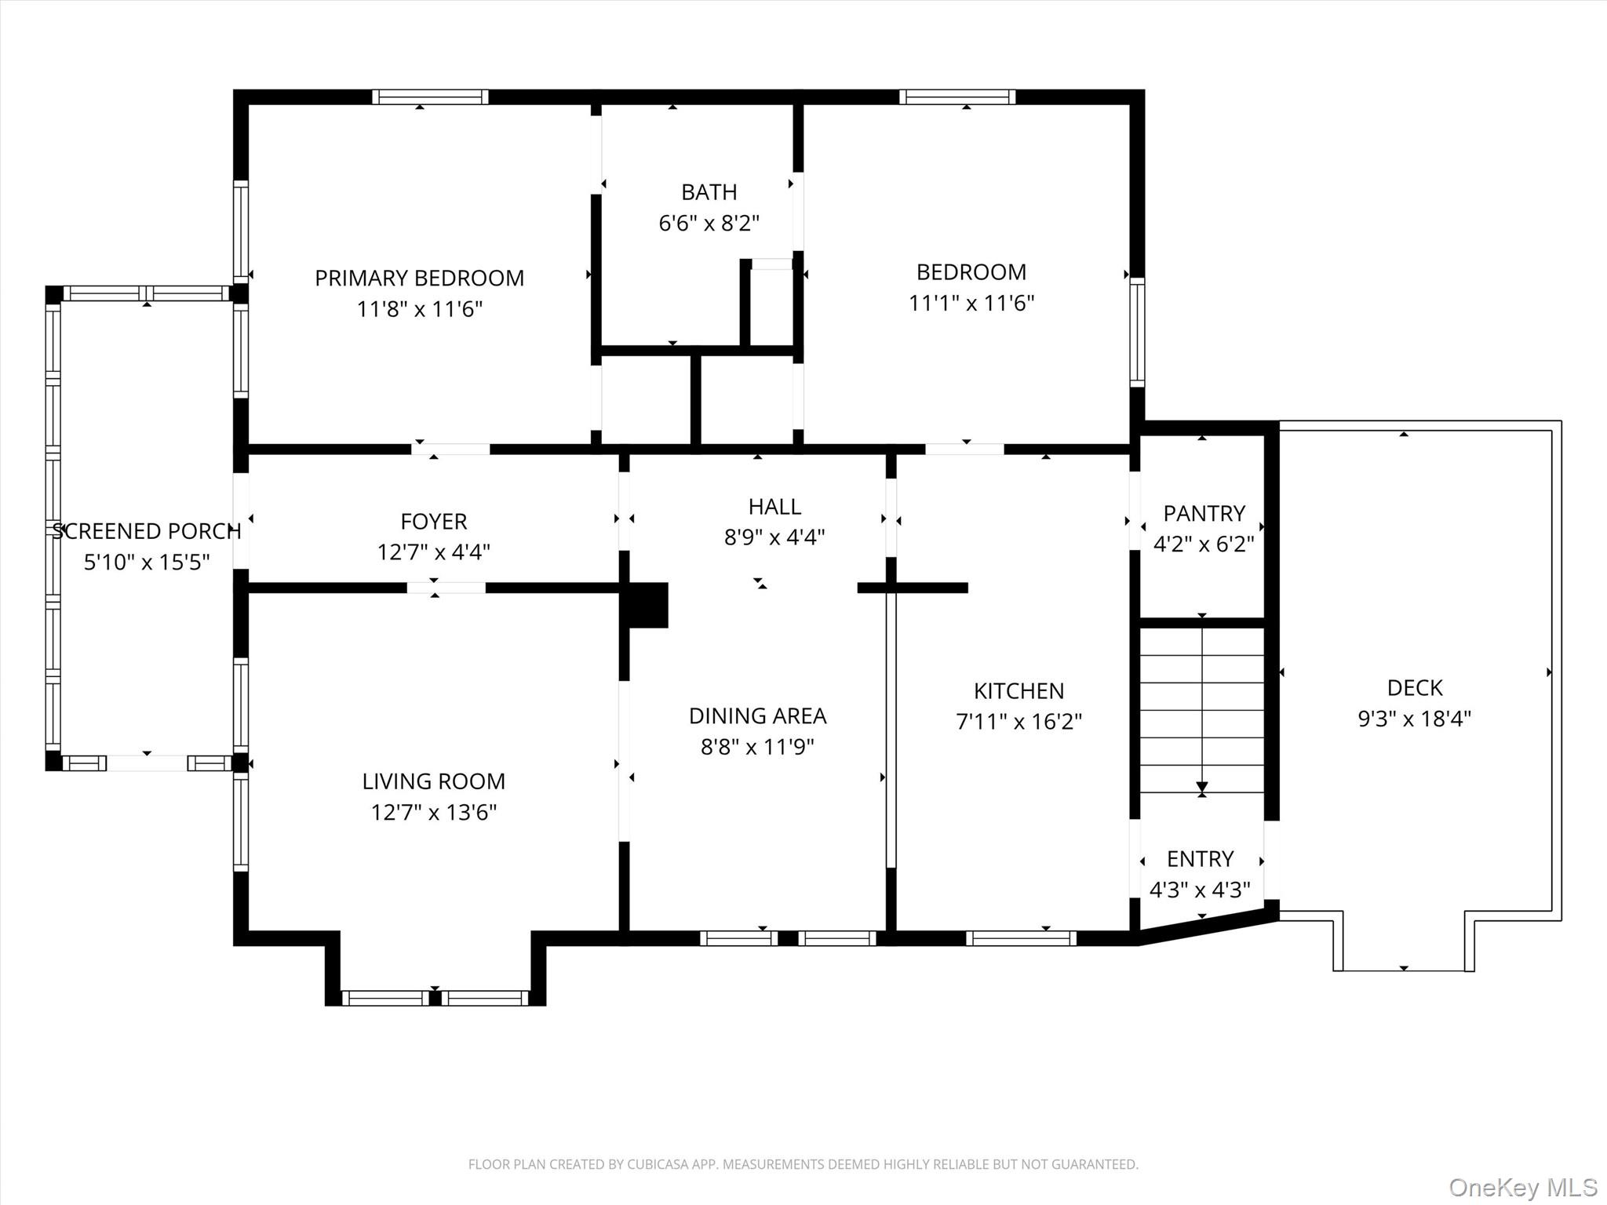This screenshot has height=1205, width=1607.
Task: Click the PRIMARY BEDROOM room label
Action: tap(419, 278)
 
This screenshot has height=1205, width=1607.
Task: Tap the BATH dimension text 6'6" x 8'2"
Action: tap(709, 224)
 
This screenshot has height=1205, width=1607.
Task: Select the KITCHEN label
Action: tap(1018, 691)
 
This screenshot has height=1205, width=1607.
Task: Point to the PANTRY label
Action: tap(1204, 514)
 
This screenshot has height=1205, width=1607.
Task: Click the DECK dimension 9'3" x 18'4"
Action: tap(1414, 719)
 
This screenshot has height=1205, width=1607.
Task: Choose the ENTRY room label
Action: tap(1200, 859)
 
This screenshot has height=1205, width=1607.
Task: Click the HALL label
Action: tap(774, 507)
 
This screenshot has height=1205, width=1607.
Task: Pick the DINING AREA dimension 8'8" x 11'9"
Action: tap(757, 747)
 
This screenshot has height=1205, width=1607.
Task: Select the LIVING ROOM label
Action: tap(433, 781)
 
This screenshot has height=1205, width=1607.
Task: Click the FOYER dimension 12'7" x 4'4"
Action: tap(433, 552)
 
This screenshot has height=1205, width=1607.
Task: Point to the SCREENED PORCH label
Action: tap(146, 531)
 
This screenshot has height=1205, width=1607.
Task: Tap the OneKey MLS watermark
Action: tap(1523, 1188)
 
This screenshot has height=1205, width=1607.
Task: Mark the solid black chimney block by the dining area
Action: tap(644, 605)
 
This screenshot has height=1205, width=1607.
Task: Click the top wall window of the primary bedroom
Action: tap(430, 97)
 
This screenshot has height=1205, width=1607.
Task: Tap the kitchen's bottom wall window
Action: tap(1021, 938)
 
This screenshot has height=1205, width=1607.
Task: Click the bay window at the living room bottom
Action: tap(435, 998)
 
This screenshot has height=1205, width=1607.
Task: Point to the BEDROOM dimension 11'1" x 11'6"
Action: tap(971, 304)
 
